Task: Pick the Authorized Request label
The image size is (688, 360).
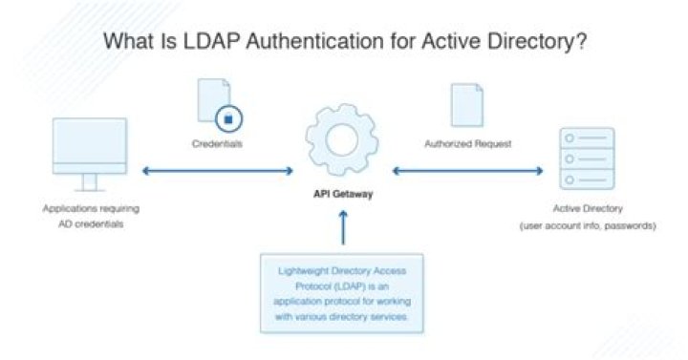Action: point(466,145)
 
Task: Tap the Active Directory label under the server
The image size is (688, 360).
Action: point(586,207)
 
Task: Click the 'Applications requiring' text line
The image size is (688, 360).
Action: point(86,208)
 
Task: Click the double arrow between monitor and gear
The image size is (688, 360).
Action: point(218,171)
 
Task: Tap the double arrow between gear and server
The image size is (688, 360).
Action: point(466,171)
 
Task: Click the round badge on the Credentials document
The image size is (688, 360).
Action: point(228,119)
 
